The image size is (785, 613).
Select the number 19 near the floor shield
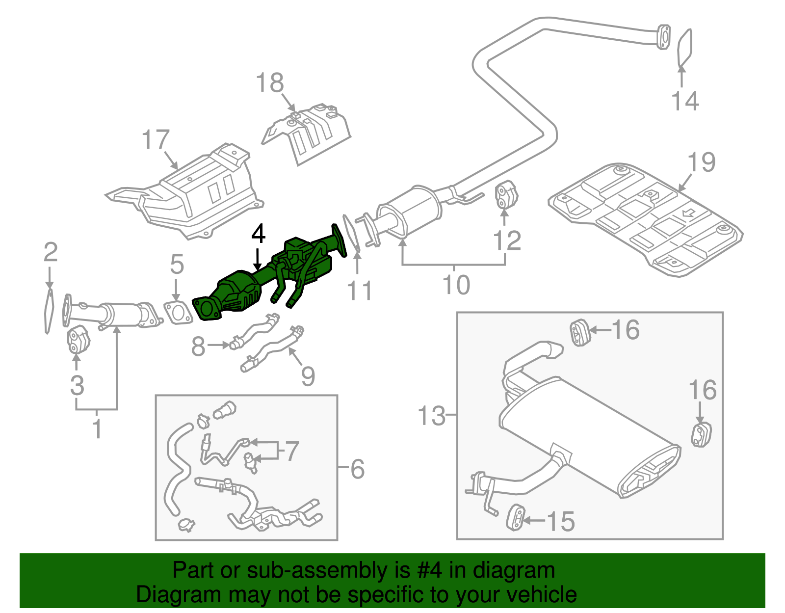point(701,162)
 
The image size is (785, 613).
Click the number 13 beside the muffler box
point(431,416)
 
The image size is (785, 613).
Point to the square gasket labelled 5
point(177,312)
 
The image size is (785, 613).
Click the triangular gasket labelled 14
point(685,47)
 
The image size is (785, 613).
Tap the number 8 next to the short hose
point(198,346)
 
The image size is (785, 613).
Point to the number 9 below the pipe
point(308,376)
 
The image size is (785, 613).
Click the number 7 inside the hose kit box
point(292,451)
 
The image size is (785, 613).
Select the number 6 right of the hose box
point(357,469)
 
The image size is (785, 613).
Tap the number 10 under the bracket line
point(456,285)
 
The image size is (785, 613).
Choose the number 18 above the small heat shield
point(270,83)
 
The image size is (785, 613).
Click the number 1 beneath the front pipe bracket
point(97,428)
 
